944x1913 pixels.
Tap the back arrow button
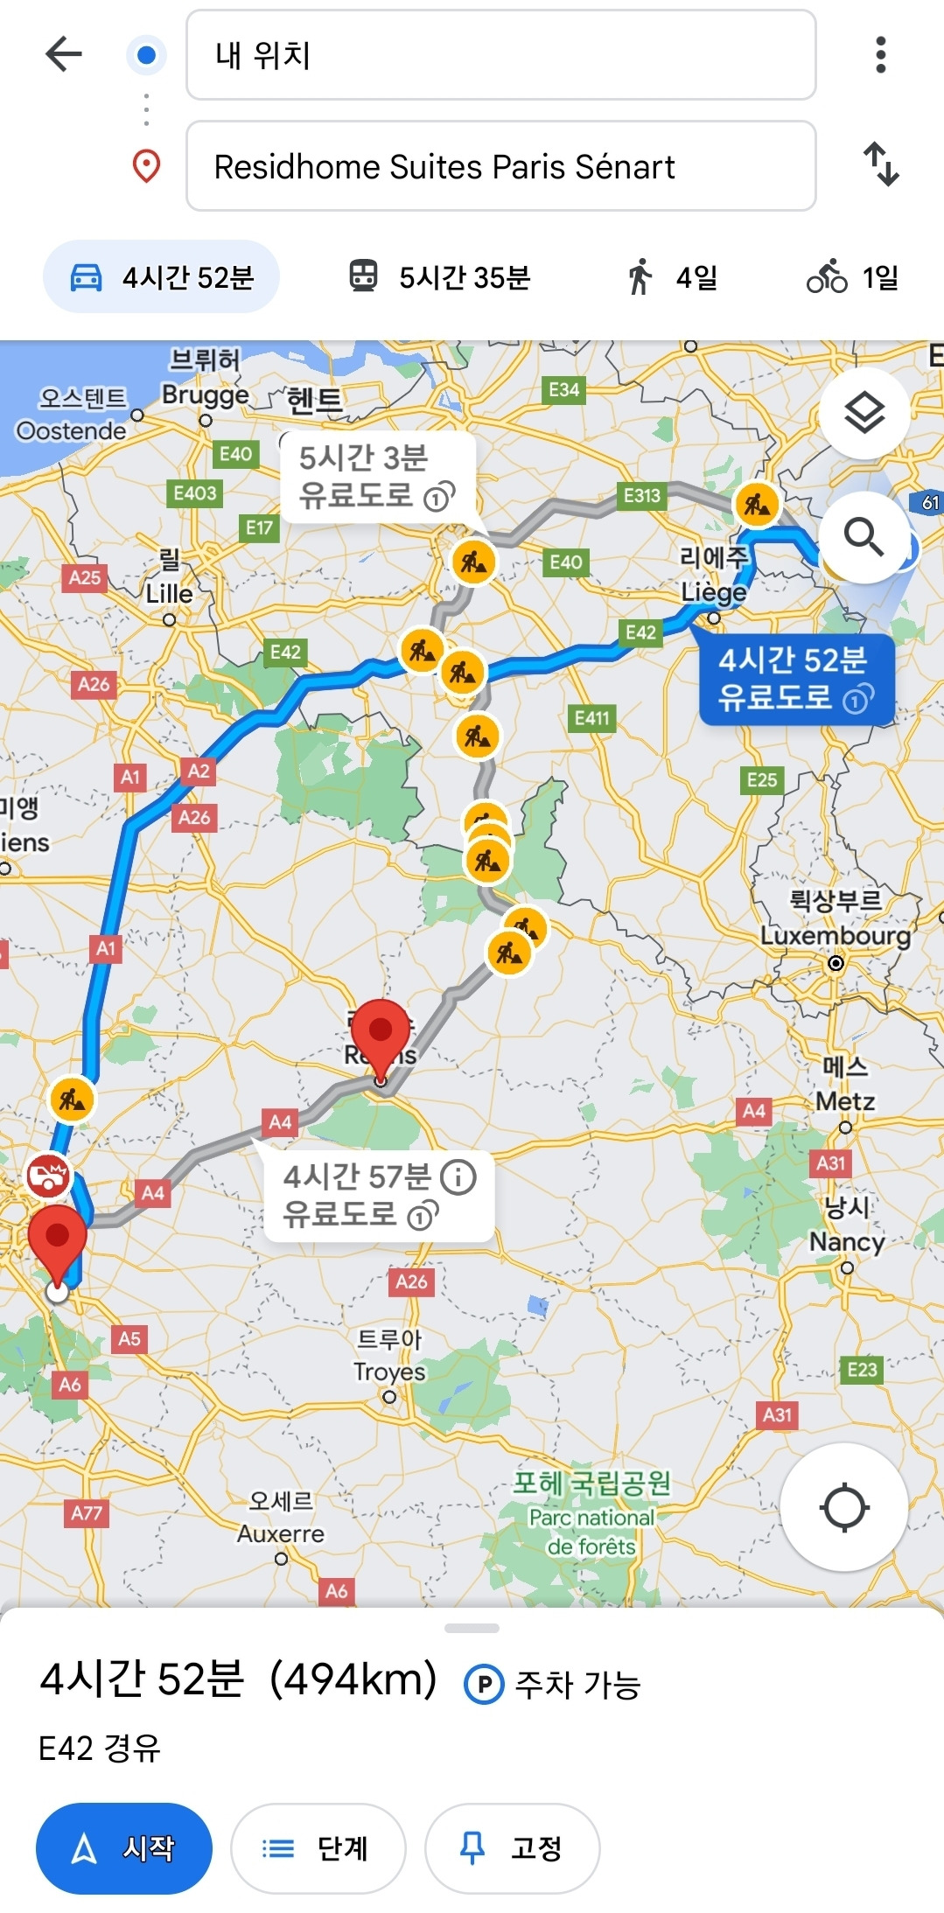click(x=63, y=54)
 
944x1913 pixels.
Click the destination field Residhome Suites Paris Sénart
click(x=500, y=166)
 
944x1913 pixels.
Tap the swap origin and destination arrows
click(x=881, y=164)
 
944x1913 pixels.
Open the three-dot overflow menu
click(x=880, y=54)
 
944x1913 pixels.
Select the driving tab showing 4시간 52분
click(x=162, y=277)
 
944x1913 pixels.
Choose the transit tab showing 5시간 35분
click(x=440, y=277)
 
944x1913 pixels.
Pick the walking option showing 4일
click(x=672, y=277)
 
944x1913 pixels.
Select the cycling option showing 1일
click(x=852, y=277)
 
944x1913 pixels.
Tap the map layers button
click(x=864, y=413)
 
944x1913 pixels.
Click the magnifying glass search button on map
click(x=864, y=536)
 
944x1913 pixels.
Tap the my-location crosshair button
click(x=844, y=1507)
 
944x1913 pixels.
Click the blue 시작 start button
click(x=124, y=1848)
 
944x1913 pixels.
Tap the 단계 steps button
click(x=318, y=1848)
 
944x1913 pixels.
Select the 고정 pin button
click(x=513, y=1848)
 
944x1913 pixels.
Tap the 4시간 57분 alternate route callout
click(x=378, y=1195)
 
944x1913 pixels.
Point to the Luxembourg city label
click(x=835, y=935)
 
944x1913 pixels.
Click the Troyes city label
click(x=389, y=1372)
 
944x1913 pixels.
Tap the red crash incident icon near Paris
click(x=48, y=1175)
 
